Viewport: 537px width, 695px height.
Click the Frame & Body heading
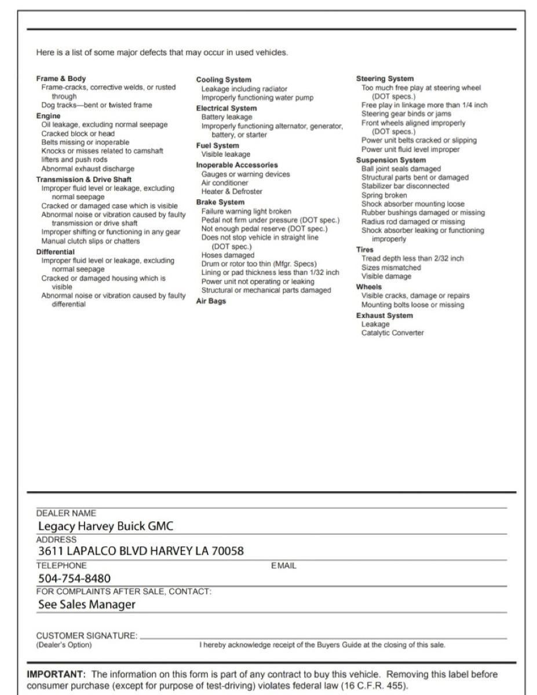click(x=61, y=79)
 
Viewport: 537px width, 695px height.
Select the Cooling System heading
click(x=224, y=80)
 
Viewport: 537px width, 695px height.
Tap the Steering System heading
click(x=385, y=79)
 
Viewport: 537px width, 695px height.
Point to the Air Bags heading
click(x=211, y=301)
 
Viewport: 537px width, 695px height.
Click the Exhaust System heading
click(x=384, y=316)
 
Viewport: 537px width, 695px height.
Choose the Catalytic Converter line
click(x=392, y=333)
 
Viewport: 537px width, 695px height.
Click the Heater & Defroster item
click(x=232, y=192)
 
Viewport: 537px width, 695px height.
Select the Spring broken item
click(x=384, y=195)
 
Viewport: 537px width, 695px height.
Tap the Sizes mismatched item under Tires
click(x=391, y=268)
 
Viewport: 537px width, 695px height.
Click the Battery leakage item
click(x=227, y=117)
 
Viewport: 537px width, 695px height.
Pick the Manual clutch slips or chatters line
click(x=90, y=241)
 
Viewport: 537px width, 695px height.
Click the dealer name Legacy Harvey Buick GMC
click(x=105, y=526)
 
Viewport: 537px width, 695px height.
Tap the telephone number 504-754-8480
click(x=74, y=578)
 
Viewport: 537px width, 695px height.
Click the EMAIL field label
click(x=283, y=566)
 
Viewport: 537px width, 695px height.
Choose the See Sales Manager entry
click(x=87, y=604)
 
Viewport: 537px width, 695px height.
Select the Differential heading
click(x=55, y=252)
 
